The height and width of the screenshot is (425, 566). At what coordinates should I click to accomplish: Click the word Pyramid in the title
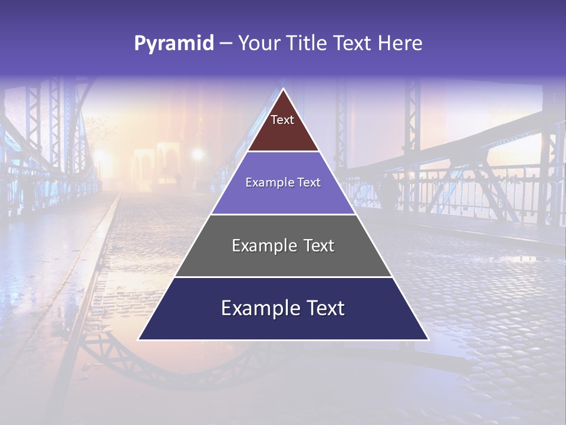pos(173,44)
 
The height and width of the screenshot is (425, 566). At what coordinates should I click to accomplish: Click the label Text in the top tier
pos(282,120)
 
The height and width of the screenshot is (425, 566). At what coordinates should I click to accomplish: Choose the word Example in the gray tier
pos(259,246)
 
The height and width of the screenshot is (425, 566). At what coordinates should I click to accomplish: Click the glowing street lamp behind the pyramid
pos(198,155)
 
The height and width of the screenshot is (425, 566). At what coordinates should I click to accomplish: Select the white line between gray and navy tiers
pos(283,277)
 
